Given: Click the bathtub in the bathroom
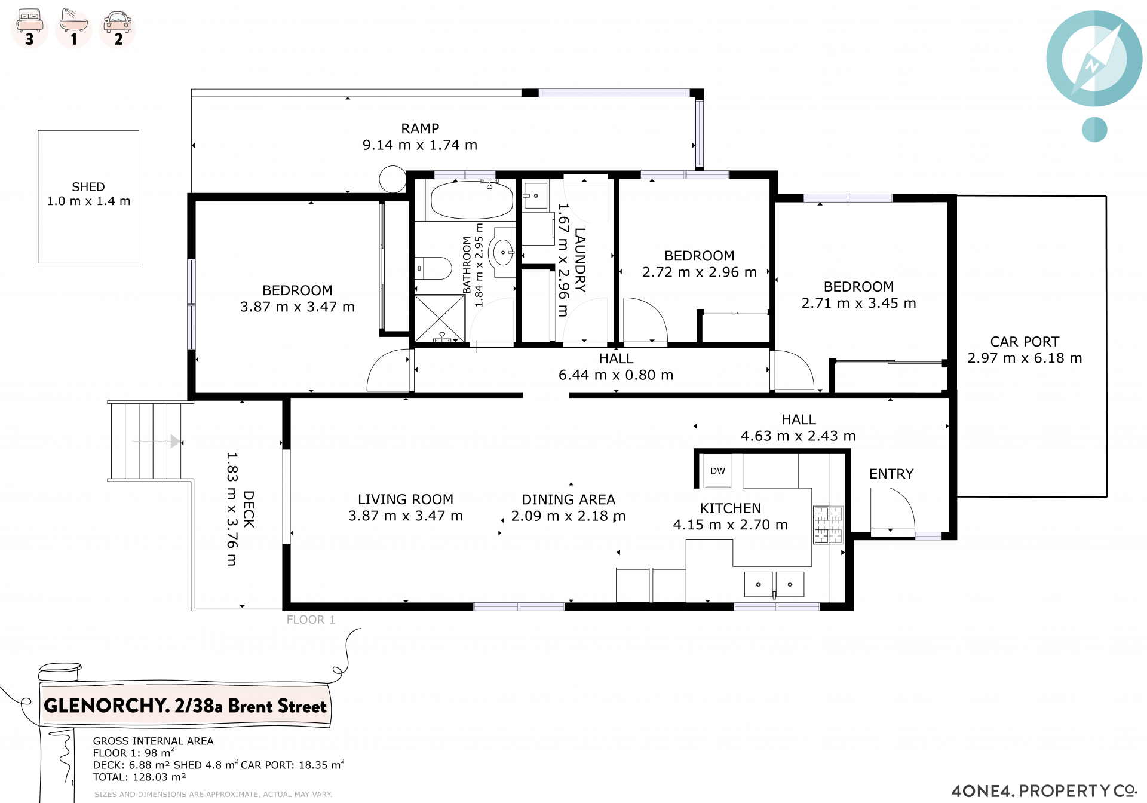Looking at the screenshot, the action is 471,200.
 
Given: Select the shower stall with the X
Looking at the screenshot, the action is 440,318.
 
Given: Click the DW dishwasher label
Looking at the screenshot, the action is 717,471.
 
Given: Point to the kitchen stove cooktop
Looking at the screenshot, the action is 828,525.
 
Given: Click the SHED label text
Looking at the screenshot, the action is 88,187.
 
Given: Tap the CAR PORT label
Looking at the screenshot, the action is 1025,342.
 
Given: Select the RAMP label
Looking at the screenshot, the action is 420,128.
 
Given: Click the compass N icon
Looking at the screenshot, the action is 1094,59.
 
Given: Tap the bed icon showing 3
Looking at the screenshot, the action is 30,28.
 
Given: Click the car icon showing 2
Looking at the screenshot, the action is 118,28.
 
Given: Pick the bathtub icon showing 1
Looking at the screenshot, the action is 73,28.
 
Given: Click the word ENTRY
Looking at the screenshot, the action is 891,474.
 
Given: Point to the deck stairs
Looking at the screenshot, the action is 145,441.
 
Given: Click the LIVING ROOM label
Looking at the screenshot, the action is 406,499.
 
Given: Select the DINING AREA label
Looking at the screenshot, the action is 568,499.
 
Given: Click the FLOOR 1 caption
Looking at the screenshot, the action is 311,620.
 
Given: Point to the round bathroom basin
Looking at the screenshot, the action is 503,253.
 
